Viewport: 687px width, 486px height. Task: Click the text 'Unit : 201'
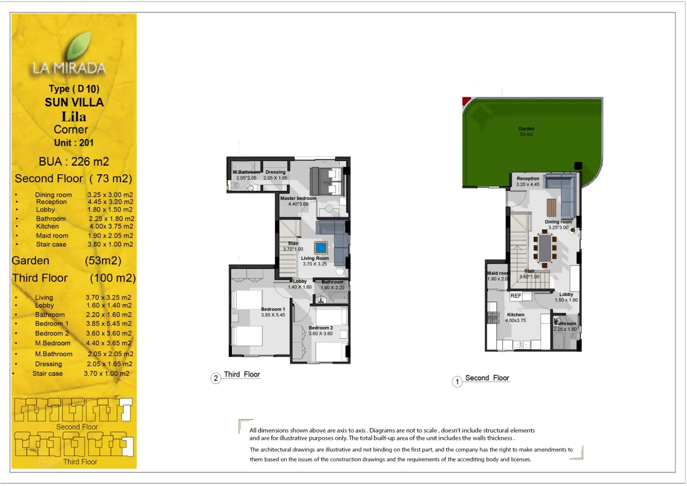pos(73,143)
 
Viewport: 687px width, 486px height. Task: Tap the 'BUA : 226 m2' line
pos(73,162)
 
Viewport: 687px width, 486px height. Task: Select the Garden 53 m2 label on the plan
pos(526,131)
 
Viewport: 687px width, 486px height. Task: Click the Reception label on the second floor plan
pos(528,181)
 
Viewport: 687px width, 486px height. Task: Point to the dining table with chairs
pos(545,248)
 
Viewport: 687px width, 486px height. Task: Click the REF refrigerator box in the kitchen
pos(516,296)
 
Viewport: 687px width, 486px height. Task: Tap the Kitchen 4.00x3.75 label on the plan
pos(515,318)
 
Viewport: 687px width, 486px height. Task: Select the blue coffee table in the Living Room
pos(321,248)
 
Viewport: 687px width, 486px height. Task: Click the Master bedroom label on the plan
pos(298,201)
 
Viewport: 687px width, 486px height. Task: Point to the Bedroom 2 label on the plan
pos(320,330)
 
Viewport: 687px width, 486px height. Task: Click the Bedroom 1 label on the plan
pos(273,312)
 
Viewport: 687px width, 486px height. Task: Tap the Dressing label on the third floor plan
pos(275,175)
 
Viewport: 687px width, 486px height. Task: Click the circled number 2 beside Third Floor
pos(216,379)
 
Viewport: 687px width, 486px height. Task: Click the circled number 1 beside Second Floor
pos(457,382)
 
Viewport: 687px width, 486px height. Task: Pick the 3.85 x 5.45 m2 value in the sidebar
pos(109,324)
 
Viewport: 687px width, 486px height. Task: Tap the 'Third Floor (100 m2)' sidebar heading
pos(73,278)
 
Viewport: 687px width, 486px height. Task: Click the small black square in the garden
pos(578,165)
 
